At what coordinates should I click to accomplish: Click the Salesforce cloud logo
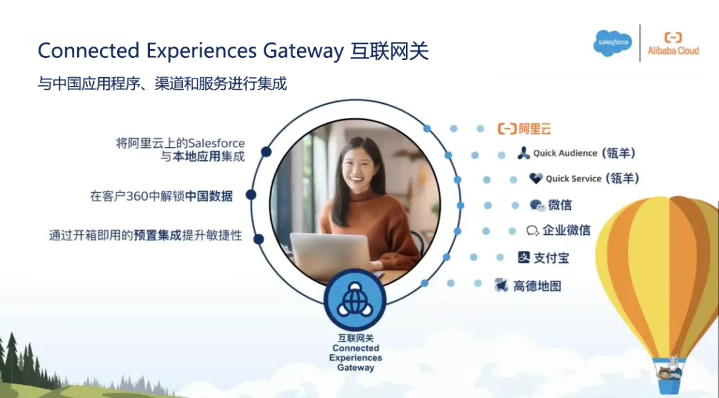coord(613,43)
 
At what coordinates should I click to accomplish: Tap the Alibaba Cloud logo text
coord(673,51)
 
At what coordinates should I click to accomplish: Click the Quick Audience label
coord(565,153)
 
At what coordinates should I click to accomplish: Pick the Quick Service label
coord(573,179)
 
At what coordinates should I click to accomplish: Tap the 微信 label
coord(560,205)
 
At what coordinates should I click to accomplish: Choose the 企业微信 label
coord(567,230)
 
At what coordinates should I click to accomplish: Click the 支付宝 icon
coord(524,257)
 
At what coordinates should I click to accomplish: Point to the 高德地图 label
coord(537,286)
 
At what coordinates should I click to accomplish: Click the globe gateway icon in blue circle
coord(355,300)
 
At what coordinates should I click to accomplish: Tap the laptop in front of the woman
coord(331,254)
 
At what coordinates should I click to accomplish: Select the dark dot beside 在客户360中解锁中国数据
coord(251,195)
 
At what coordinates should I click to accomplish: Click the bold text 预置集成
coord(157,236)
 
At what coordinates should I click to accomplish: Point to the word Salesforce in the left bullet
coord(216,143)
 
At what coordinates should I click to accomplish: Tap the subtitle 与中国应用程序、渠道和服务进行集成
coord(162,84)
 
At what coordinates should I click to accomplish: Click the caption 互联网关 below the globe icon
coord(356,338)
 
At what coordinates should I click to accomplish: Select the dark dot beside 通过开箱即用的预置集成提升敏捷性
coord(258,239)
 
